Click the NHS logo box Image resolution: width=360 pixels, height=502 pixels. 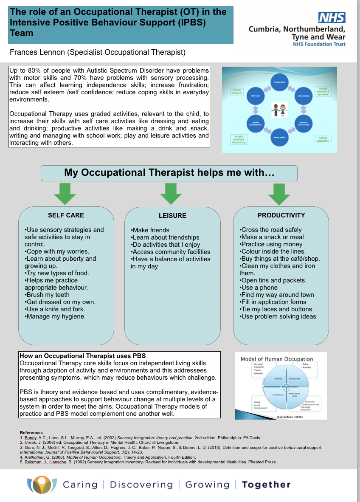(332, 17)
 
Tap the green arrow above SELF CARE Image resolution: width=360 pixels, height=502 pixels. (65, 194)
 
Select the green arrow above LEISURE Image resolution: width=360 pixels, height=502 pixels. (171, 194)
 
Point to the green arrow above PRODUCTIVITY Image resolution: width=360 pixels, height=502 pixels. (279, 194)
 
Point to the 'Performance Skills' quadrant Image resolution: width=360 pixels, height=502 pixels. (295, 395)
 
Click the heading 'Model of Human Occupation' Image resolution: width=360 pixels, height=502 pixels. (277, 359)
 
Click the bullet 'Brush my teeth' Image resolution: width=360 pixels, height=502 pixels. (48, 295)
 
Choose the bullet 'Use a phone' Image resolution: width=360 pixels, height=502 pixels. (259, 288)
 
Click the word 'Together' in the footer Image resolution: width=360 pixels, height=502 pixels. (266, 485)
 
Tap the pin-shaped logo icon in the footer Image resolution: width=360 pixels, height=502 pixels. (42, 485)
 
